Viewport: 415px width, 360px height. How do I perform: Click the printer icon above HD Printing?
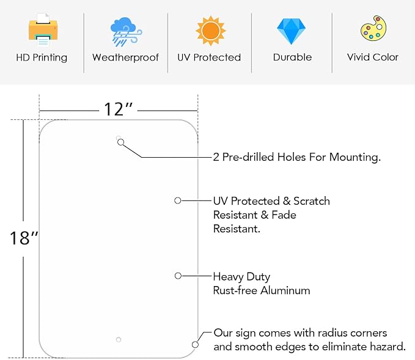coord(43,29)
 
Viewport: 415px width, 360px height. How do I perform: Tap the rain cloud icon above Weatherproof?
coord(126,32)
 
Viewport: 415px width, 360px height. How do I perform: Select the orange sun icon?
coord(210,31)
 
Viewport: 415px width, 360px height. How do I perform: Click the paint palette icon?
coord(373,28)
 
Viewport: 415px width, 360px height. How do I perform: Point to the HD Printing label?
coord(42,57)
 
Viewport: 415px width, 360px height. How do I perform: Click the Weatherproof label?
coord(126,57)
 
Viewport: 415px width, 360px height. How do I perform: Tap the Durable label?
coord(293,57)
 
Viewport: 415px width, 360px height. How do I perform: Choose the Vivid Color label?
coord(373,57)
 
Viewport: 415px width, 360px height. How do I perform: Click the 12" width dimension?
coord(118,109)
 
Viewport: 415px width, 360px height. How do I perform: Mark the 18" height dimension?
coord(24,238)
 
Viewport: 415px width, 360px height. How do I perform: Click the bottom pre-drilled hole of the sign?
coord(119,340)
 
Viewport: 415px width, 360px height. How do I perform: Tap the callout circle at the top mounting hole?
coord(120,142)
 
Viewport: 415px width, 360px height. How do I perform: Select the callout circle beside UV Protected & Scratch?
coord(178,200)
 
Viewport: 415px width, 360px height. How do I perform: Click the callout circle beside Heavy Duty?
coord(178,276)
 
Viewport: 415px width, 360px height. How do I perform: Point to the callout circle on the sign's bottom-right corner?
coord(196,345)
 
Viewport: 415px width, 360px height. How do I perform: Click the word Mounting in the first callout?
coord(355,157)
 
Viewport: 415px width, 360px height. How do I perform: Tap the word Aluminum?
coord(285,291)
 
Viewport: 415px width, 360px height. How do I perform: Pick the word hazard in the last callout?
coord(387,347)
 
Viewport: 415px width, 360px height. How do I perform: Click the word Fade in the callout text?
coord(284,215)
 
